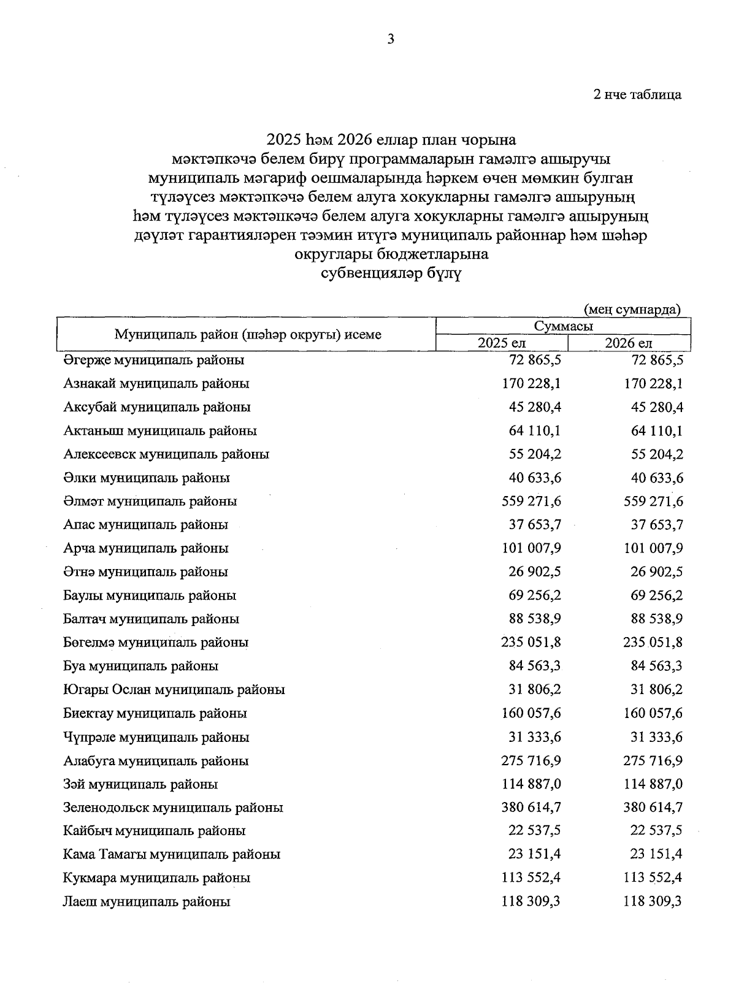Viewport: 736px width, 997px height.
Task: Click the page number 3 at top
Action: point(391,40)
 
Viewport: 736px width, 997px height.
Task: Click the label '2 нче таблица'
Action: point(637,95)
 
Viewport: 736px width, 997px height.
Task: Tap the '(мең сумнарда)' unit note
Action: point(632,309)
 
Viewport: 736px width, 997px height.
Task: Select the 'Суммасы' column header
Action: point(563,327)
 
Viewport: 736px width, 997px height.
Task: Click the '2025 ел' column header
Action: point(502,343)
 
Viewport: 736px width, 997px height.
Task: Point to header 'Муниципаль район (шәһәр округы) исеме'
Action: point(248,335)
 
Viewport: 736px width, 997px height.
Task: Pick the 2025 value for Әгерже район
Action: point(531,360)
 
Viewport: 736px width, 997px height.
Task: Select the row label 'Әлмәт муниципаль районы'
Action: point(150,502)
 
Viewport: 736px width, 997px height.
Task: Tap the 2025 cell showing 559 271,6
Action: point(531,502)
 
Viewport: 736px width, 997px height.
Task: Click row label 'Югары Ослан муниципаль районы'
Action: point(174,690)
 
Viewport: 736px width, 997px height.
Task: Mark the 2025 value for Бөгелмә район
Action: point(531,643)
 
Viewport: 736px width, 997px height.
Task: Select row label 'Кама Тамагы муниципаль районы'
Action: point(172,854)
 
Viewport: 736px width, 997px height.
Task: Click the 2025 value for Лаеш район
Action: point(531,902)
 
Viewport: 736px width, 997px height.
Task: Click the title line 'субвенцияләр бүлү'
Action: point(391,273)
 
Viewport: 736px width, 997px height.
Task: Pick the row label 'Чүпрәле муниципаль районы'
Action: point(156,737)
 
